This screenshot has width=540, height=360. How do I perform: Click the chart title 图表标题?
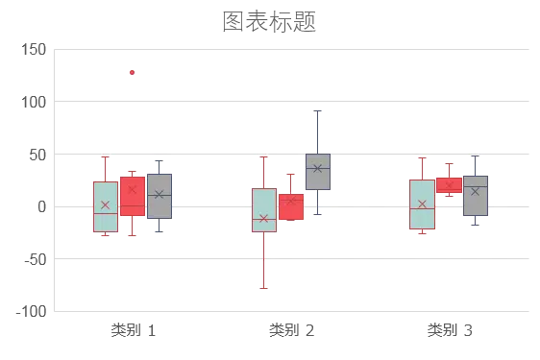pyautogui.click(x=269, y=21)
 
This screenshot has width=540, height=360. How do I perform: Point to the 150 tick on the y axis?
pyautogui.click(x=34, y=50)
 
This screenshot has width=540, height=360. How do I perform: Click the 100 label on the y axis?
pyautogui.click(x=34, y=102)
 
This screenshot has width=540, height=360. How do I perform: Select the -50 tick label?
pyautogui.click(x=36, y=259)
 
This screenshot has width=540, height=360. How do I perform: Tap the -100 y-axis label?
pyautogui.click(x=32, y=312)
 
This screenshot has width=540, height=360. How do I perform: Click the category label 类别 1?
pyautogui.click(x=134, y=330)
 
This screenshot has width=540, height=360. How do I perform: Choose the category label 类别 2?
pyautogui.click(x=292, y=330)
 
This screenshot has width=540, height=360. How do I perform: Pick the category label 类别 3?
pyautogui.click(x=450, y=330)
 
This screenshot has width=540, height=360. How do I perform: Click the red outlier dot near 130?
pyautogui.click(x=132, y=72)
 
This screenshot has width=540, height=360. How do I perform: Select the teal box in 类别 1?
pyautogui.click(x=106, y=206)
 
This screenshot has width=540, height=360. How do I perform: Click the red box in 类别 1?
pyautogui.click(x=133, y=196)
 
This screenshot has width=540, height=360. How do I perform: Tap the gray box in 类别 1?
pyautogui.click(x=160, y=196)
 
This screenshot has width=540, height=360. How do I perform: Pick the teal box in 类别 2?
pyautogui.click(x=264, y=210)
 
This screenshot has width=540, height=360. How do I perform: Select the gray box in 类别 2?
pyautogui.click(x=318, y=172)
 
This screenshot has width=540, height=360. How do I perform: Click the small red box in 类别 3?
pyautogui.click(x=449, y=185)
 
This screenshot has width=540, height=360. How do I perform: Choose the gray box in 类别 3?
pyautogui.click(x=476, y=196)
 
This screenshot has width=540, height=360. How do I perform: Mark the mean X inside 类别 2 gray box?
pyautogui.click(x=317, y=168)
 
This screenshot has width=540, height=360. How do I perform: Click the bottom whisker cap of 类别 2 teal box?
pyautogui.click(x=264, y=288)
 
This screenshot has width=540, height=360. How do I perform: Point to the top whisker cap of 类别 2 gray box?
pyautogui.click(x=317, y=110)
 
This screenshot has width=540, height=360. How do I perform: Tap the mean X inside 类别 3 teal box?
pyautogui.click(x=422, y=204)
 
